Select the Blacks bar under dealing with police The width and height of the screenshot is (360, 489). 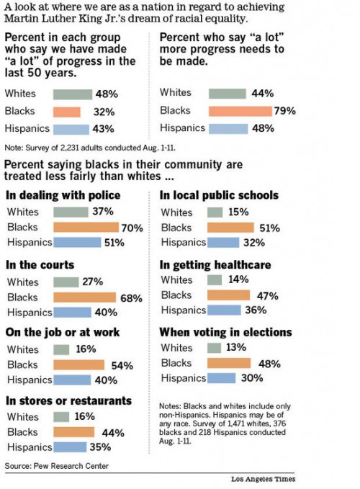tap(87, 228)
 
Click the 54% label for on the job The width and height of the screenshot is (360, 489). tap(122, 366)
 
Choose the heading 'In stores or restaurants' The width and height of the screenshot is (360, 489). tap(68, 400)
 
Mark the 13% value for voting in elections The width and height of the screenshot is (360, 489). tap(235, 348)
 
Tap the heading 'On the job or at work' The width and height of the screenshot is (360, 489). tap(62, 333)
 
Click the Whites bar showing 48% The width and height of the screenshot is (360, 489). tap(73, 94)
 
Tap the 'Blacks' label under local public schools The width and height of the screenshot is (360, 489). tap(176, 228)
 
